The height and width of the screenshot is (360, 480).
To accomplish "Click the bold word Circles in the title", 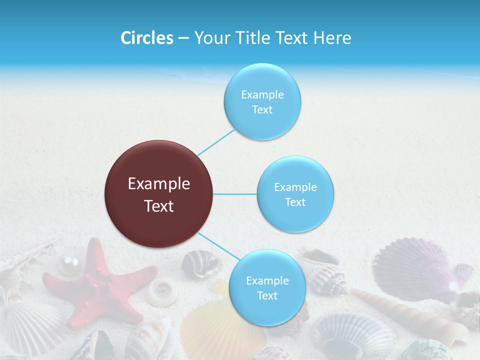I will (146, 38).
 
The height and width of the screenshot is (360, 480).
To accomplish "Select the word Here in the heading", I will (332, 38).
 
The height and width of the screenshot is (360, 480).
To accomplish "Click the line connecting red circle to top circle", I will (216, 142).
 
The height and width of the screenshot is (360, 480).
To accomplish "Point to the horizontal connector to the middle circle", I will (235, 194).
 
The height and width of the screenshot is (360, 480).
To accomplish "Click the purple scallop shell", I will (415, 270).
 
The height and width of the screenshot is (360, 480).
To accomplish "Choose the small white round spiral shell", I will (162, 291).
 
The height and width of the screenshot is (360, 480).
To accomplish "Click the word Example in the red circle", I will (159, 184).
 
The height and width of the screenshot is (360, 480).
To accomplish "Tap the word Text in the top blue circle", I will (262, 110).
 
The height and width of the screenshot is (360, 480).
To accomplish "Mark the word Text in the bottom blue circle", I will (267, 296).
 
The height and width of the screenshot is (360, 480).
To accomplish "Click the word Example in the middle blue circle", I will (295, 187).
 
